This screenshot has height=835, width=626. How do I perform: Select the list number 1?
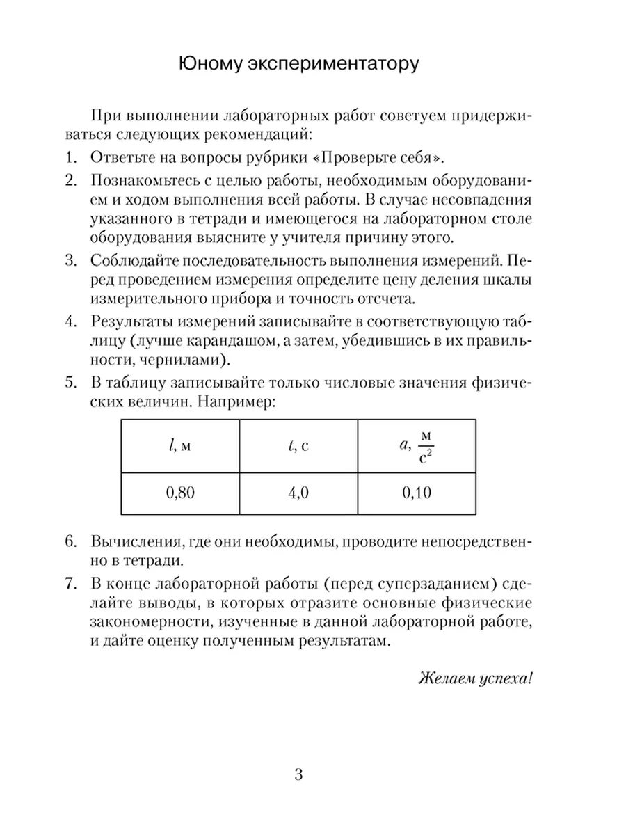tap(70, 156)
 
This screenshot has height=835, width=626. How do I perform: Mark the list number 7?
tap(70, 583)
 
